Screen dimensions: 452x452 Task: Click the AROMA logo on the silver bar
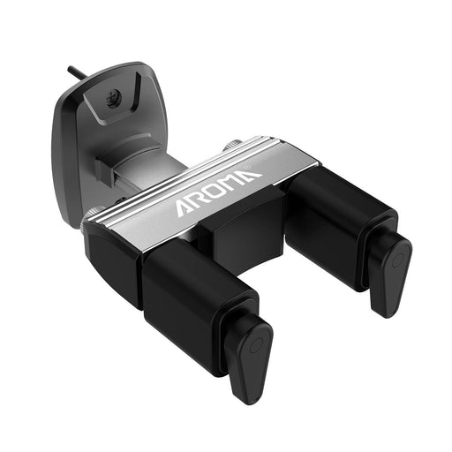[x=219, y=192]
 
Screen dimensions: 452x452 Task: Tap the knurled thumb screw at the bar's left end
[x=88, y=217]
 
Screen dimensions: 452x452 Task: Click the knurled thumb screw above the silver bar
[x=233, y=145]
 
